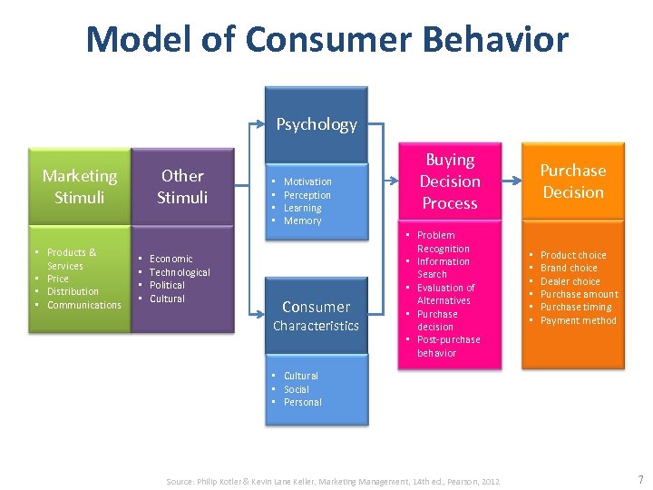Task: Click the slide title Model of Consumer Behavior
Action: (x=326, y=40)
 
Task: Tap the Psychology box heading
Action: (x=317, y=124)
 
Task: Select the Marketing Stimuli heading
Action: (x=80, y=186)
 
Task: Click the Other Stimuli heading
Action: (x=182, y=186)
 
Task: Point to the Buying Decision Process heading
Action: (x=450, y=181)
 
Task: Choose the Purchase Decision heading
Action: (x=572, y=181)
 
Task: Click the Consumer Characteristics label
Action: (x=317, y=316)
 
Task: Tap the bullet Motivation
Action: (x=307, y=181)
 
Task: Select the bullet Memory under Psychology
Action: (x=302, y=221)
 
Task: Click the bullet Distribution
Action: (x=73, y=291)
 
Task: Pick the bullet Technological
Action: (x=180, y=272)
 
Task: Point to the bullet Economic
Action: (x=171, y=259)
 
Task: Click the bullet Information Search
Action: (x=443, y=268)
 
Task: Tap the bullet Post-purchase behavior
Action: (x=448, y=347)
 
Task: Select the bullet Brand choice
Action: (x=569, y=268)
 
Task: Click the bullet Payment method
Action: (x=578, y=320)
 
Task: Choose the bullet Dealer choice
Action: (x=570, y=281)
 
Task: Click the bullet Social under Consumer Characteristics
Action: (x=297, y=389)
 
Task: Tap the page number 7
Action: (x=640, y=480)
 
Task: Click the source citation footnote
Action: (x=333, y=481)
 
